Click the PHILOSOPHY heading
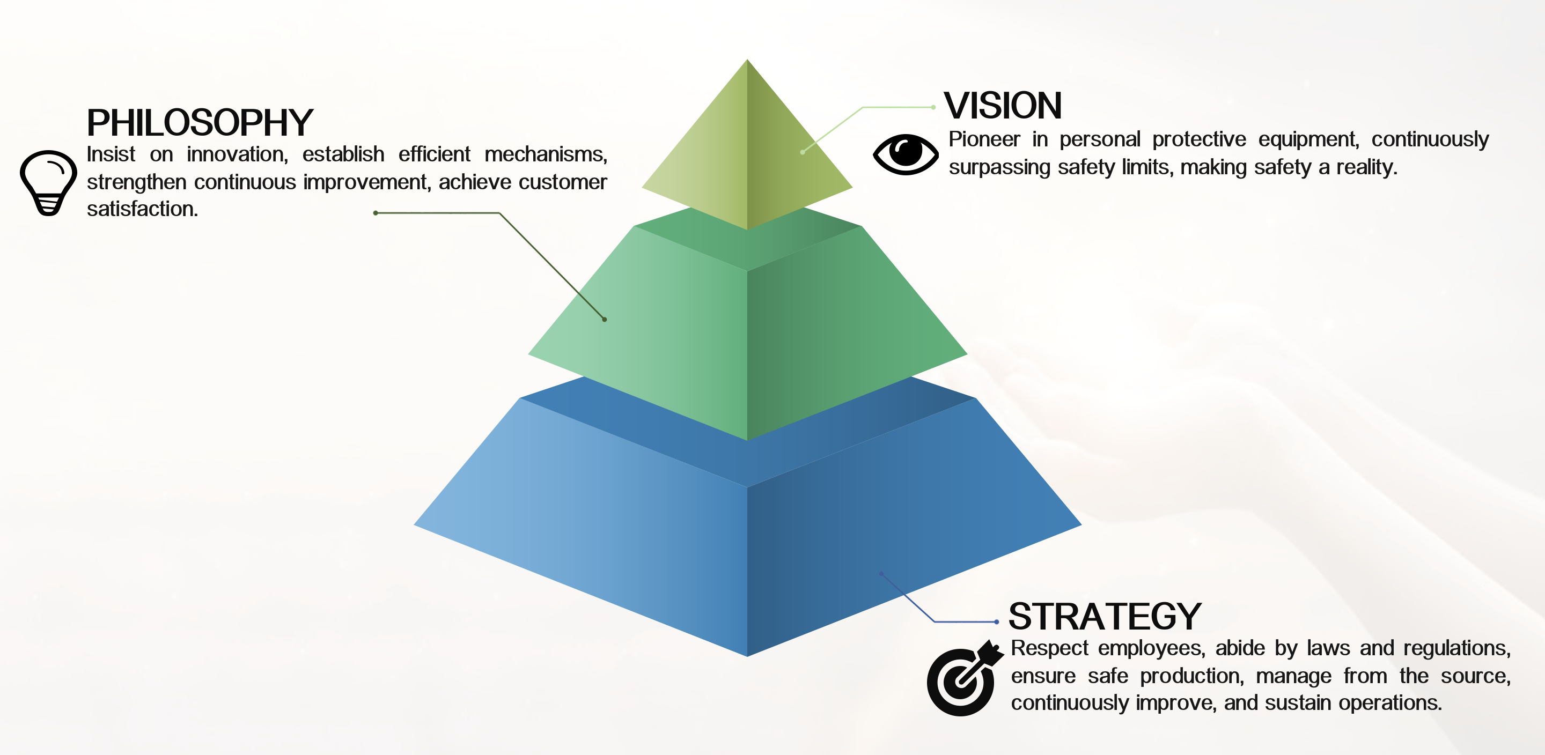tap(200, 123)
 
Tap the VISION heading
tap(1002, 106)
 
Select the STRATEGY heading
tap(1105, 617)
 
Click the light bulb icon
tap(48, 182)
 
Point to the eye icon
tap(905, 154)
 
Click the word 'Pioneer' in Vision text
tap(984, 139)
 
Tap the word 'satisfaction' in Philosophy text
tap(141, 209)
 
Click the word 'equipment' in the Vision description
tap(1307, 139)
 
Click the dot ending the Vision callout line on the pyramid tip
tap(803, 152)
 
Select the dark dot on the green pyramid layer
tap(605, 320)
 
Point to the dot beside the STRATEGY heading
tap(996, 622)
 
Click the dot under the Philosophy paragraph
tap(376, 213)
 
